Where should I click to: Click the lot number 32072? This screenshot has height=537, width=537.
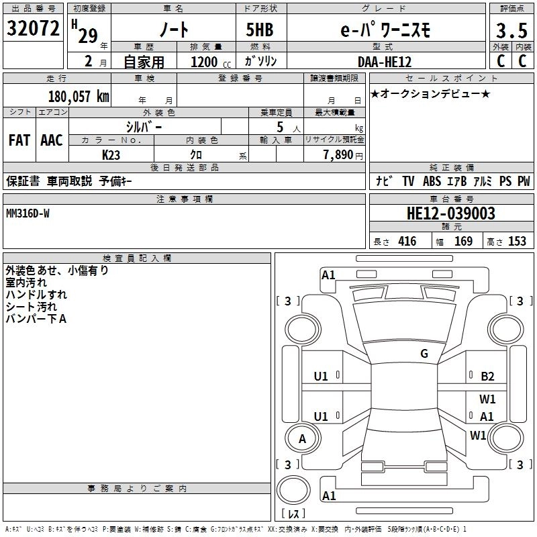(34, 28)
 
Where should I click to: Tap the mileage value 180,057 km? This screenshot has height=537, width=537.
(79, 96)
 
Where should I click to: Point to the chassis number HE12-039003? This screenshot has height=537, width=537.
(451, 213)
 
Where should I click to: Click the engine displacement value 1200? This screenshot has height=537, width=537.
(204, 62)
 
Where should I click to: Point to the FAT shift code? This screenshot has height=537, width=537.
(19, 140)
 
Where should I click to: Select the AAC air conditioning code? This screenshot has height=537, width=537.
(52, 140)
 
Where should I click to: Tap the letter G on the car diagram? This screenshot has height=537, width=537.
(424, 354)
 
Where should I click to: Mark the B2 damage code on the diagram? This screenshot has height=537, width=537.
(487, 377)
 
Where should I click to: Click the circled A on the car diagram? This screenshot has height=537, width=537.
(302, 438)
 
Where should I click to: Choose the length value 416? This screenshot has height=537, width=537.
(407, 241)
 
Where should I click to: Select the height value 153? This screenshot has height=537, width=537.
(517, 241)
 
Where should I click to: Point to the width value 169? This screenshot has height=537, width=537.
(463, 241)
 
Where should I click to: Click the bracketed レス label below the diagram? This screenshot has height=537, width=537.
(293, 514)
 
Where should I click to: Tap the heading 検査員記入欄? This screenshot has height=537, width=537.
(138, 258)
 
